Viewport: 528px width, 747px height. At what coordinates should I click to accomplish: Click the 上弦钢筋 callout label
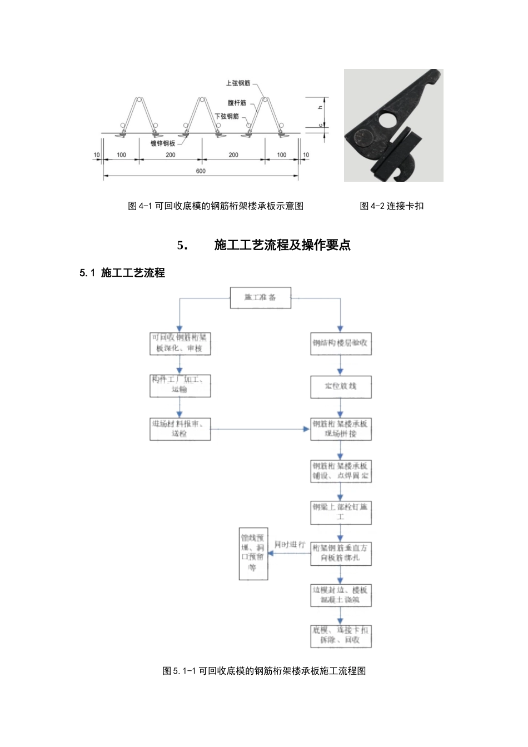tap(238, 83)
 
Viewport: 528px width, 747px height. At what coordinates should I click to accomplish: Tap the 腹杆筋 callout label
tap(237, 103)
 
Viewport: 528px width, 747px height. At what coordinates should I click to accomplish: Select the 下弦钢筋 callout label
tap(227, 117)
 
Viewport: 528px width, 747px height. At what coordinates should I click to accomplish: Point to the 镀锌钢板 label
tap(163, 143)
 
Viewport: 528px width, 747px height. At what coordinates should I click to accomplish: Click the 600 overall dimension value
tap(201, 171)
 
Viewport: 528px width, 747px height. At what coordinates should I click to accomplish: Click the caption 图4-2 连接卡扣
tap(391, 206)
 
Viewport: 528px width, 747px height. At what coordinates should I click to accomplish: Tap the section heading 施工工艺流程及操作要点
tap(282, 245)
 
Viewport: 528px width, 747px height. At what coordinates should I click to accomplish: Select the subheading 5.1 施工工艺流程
tap(122, 273)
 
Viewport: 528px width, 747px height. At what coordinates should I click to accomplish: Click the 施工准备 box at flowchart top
tap(261, 298)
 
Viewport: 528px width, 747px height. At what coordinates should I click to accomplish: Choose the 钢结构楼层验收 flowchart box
tap(340, 343)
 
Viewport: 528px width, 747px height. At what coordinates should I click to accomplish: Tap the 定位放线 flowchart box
tap(340, 386)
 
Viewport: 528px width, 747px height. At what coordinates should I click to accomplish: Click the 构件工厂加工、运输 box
tap(180, 385)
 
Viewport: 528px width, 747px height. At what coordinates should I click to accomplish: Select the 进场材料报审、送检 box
tap(180, 429)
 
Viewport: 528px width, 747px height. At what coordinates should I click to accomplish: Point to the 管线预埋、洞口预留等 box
tap(253, 554)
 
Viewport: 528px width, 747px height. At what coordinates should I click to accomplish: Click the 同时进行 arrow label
tap(290, 545)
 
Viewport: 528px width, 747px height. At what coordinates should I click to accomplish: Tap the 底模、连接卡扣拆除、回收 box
tap(340, 636)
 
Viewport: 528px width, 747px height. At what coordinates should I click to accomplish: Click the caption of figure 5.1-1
tap(264, 671)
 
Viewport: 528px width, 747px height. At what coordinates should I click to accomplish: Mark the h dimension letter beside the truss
tap(320, 107)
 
